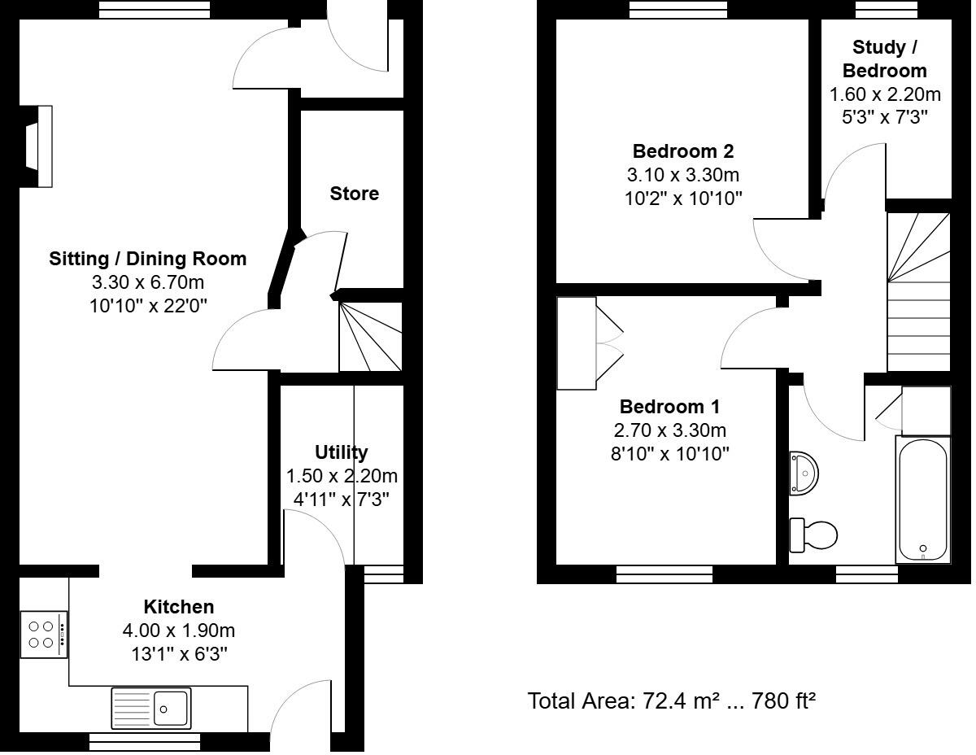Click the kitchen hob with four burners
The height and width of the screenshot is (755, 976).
[43, 634]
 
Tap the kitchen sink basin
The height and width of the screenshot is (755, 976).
[171, 706]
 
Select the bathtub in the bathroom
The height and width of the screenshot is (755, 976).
[922, 500]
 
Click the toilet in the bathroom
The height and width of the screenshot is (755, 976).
[815, 535]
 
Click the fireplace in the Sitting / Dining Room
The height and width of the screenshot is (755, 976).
[38, 146]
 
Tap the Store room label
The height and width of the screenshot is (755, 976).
[354, 194]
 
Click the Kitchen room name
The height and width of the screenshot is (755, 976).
[178, 606]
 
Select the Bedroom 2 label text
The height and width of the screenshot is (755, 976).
[682, 151]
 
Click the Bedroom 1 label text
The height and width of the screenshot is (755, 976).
[669, 406]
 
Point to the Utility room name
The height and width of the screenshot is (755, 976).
[341, 452]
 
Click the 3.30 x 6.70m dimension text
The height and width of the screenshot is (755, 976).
[147, 282]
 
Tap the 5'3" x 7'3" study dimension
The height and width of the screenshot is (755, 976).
[884, 116]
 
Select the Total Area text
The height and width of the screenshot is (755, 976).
[671, 700]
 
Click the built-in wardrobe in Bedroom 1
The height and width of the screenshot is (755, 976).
[577, 343]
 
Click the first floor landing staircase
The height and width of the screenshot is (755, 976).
[917, 293]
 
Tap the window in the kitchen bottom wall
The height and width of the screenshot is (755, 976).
[144, 741]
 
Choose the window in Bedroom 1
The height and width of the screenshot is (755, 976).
[664, 574]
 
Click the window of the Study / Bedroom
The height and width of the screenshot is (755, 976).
[884, 9]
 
